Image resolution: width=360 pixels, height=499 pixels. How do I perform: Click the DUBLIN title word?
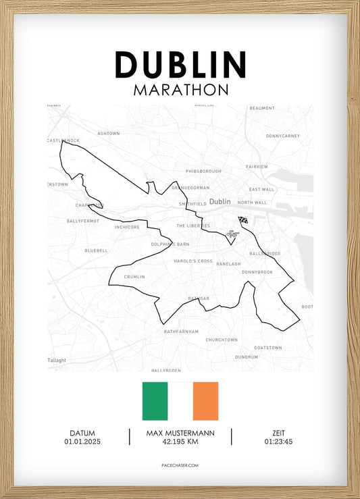(x=180, y=65)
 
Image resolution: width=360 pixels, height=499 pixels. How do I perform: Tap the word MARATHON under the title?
(x=180, y=90)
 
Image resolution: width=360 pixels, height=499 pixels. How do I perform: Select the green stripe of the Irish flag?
(x=155, y=401)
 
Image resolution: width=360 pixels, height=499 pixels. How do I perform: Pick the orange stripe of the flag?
(x=205, y=401)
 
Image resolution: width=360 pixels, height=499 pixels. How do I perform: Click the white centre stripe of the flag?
(x=180, y=401)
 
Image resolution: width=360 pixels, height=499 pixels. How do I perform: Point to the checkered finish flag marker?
(x=243, y=220)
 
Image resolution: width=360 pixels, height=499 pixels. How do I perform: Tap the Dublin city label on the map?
(x=220, y=201)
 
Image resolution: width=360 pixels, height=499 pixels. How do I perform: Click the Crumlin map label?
(x=134, y=277)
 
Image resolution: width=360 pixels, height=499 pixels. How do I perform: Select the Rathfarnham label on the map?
(x=182, y=331)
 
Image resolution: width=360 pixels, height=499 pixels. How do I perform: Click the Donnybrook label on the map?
(x=257, y=272)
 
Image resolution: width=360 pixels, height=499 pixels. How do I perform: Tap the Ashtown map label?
(x=108, y=134)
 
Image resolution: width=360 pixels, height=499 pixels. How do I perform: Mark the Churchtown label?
(x=222, y=340)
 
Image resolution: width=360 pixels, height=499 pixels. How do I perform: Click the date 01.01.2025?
(x=82, y=442)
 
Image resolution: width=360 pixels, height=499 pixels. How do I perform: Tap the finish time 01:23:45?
(x=278, y=442)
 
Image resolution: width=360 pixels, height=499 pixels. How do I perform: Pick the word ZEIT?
(x=278, y=433)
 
